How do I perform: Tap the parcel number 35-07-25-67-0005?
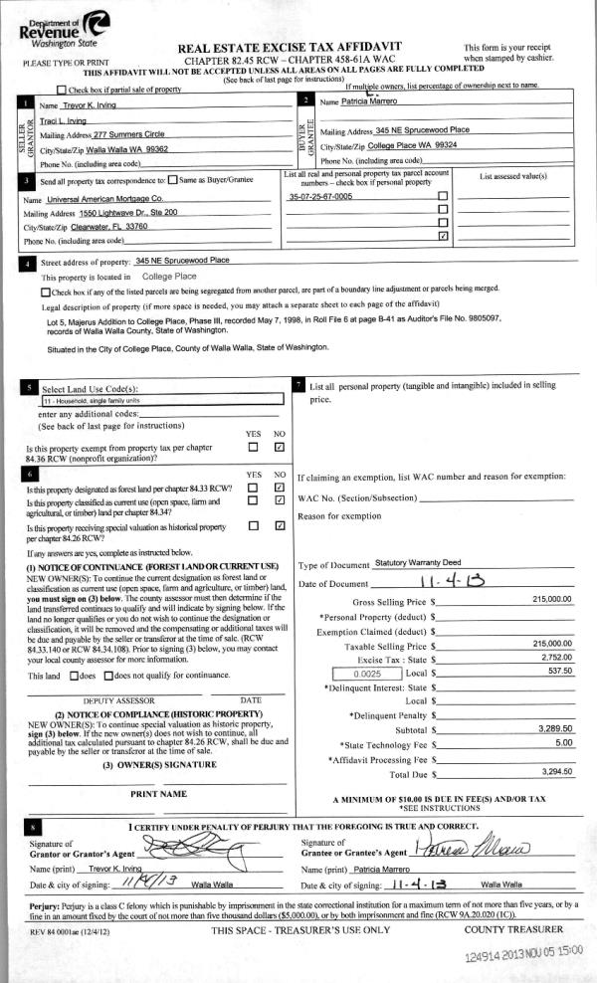(320, 197)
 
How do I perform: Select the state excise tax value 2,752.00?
(554, 660)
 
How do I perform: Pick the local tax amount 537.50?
(557, 674)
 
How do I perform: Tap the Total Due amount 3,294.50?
(554, 772)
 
